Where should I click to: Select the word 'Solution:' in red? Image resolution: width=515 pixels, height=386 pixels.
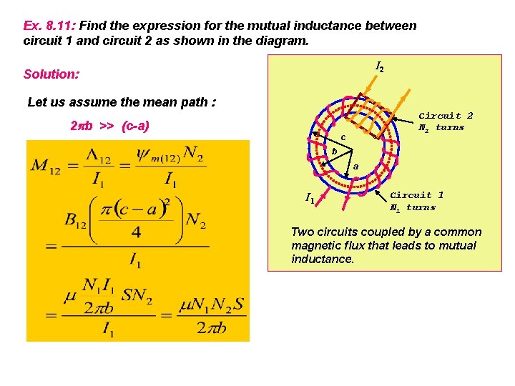click(51, 74)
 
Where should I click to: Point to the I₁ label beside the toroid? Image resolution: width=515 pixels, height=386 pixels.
click(309, 198)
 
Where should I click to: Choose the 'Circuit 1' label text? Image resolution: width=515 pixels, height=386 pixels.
click(416, 194)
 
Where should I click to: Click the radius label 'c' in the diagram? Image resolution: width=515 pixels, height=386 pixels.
click(343, 137)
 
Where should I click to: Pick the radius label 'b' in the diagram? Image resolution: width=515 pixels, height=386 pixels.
click(334, 151)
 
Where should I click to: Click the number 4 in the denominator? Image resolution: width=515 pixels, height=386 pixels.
click(136, 231)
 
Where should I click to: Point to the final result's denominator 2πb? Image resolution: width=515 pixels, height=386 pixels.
click(211, 327)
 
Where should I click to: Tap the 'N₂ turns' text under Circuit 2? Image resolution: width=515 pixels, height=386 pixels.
click(441, 128)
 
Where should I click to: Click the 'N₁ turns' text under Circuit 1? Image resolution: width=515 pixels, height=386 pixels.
click(413, 207)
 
